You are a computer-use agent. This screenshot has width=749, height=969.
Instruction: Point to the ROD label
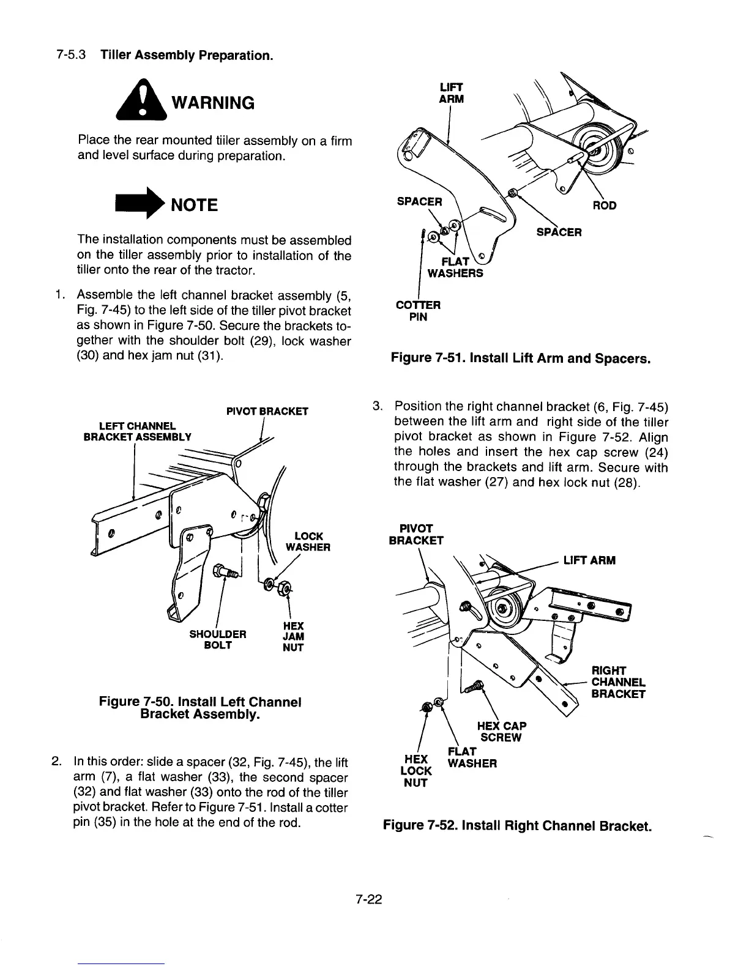(x=604, y=206)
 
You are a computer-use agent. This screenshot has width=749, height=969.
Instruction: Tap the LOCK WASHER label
(x=308, y=541)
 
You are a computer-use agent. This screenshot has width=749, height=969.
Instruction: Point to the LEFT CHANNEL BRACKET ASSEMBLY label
(x=137, y=431)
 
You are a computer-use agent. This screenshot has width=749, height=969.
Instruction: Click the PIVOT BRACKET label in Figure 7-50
(x=267, y=411)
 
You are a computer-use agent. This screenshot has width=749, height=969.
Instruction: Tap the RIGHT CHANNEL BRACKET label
(x=618, y=682)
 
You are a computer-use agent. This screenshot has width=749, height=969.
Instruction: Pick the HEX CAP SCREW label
(x=501, y=731)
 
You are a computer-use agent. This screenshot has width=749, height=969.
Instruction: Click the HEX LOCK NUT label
(x=415, y=770)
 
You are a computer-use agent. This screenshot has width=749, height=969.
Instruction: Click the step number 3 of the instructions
(x=378, y=406)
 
